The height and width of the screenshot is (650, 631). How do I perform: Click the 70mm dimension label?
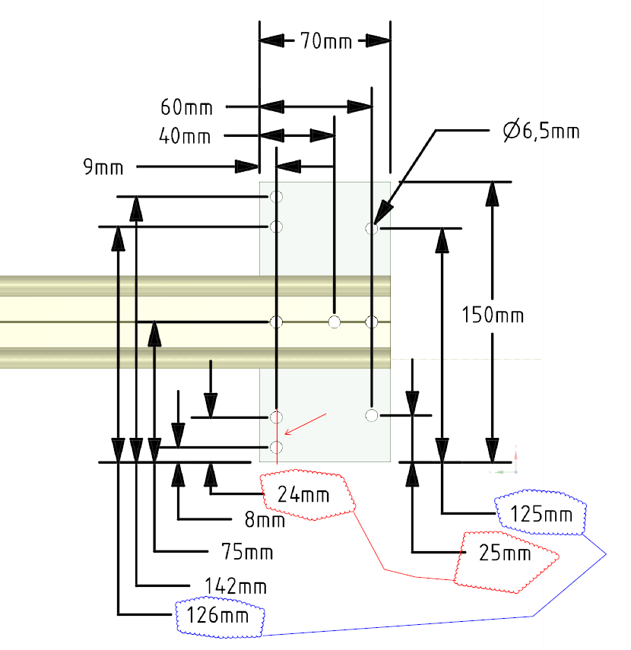(x=322, y=41)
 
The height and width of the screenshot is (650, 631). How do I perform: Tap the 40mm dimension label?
(x=185, y=136)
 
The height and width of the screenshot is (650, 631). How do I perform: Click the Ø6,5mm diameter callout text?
(x=541, y=132)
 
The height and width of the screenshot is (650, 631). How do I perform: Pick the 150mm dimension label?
(x=493, y=314)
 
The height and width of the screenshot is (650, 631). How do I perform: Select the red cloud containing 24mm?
(x=308, y=496)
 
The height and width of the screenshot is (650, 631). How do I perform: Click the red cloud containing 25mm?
(x=506, y=553)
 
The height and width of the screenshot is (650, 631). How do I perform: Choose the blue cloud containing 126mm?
(x=219, y=614)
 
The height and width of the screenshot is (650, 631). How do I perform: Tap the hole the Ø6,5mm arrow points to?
(x=372, y=227)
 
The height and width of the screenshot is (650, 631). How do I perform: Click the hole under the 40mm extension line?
(x=334, y=322)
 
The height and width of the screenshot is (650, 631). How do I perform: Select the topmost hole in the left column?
(x=276, y=198)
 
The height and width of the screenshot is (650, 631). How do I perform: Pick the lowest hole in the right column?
(x=371, y=415)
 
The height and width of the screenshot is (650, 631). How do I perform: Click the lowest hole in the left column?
(x=276, y=446)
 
